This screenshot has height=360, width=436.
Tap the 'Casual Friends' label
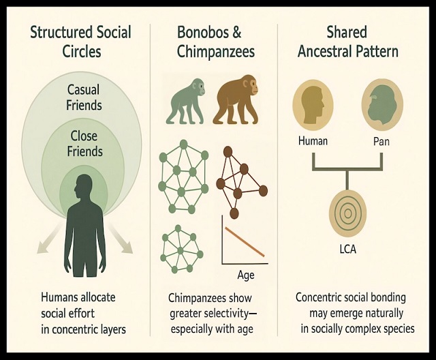pos(84,97)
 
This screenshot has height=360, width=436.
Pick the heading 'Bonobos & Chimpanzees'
pos(213,42)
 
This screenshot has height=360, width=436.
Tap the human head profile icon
pos(313,106)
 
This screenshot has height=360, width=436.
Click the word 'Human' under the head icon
pos(313,142)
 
